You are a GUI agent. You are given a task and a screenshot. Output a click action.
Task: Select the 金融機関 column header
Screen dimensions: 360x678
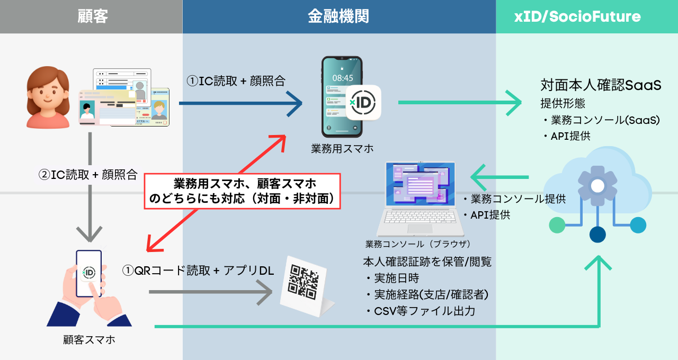338,16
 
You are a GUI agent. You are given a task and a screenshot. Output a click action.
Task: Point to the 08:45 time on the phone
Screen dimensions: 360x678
342,78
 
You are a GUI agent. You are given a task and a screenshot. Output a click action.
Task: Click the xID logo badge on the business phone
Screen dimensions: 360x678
363,102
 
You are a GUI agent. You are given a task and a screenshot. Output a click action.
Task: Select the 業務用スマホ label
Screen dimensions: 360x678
342,148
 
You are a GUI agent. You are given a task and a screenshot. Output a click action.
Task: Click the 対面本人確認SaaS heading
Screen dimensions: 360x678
601,85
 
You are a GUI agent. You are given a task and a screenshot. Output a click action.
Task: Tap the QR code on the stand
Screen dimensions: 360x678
303,281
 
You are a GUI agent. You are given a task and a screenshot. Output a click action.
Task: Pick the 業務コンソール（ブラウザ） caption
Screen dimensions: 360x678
418,244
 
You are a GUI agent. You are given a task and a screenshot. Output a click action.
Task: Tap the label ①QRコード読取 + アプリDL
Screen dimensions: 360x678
198,270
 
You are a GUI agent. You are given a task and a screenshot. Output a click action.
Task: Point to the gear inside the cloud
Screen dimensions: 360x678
597,186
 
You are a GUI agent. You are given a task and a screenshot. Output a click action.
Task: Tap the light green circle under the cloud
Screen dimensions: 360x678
557,225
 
